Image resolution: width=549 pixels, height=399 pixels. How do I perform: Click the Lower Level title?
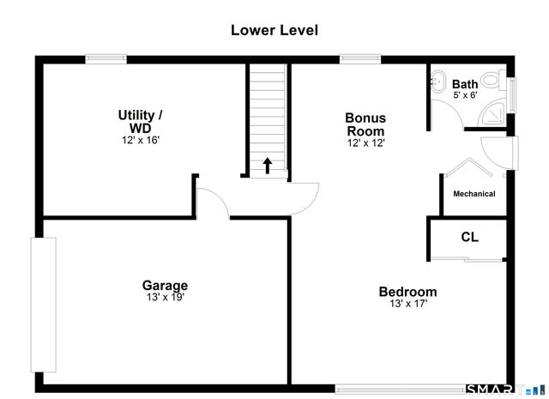point(274,30)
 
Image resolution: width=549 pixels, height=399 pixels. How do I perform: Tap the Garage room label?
point(165,286)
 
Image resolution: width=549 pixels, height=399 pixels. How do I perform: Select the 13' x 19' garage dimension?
point(166,298)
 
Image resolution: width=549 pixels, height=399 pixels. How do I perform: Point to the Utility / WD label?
point(141,121)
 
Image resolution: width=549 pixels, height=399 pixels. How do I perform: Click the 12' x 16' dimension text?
point(141,140)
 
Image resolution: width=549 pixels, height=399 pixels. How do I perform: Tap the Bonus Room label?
point(365,124)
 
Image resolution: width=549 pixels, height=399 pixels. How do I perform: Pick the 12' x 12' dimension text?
point(366,143)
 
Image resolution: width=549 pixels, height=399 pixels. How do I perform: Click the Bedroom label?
point(408,292)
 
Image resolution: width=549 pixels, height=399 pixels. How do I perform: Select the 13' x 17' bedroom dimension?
point(408,304)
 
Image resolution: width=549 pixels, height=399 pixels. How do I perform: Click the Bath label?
point(465,84)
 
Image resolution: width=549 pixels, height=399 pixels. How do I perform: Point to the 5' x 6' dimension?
point(465,95)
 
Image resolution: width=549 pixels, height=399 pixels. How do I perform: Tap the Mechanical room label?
point(474,194)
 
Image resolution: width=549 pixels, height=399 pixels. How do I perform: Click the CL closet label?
point(469,237)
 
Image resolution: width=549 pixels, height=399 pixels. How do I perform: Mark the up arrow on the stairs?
point(268,166)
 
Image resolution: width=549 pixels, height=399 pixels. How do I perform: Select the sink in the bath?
point(437,82)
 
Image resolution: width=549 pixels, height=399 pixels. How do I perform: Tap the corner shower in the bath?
point(492,114)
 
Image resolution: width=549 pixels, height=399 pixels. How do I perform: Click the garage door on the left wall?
point(44,305)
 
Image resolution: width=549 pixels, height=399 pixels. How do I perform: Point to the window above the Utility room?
point(106,59)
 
